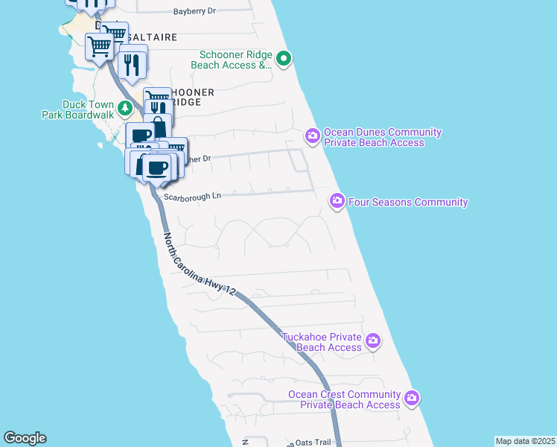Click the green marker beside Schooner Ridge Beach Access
coord(284,59)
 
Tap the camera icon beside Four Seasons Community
coord(337,201)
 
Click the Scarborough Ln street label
coord(193,197)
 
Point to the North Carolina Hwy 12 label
coord(199,265)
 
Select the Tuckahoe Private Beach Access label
coord(322,342)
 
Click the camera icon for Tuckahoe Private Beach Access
coord(373,342)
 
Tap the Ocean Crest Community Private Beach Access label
coord(345,399)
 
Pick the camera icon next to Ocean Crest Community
coord(412,399)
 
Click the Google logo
coord(25,438)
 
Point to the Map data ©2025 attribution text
coord(525,441)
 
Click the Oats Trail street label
coord(313,443)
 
